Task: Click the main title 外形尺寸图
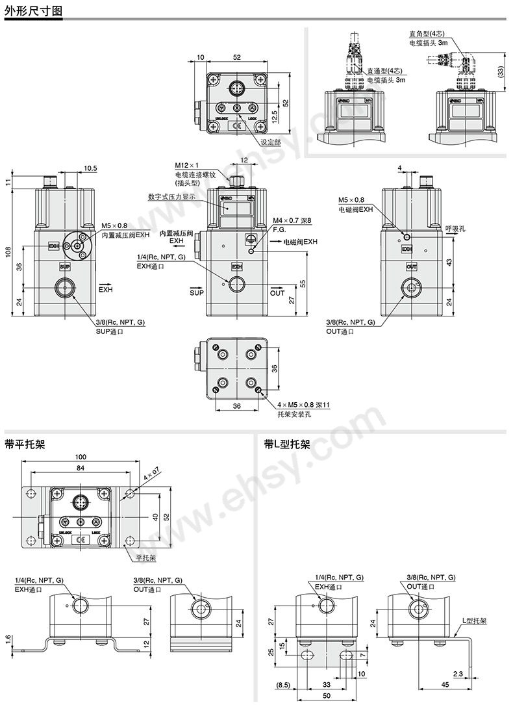pos(33,11)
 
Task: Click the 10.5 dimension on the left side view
pos(90,169)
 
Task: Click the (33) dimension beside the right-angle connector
pos(499,71)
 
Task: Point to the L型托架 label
pos(474,621)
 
